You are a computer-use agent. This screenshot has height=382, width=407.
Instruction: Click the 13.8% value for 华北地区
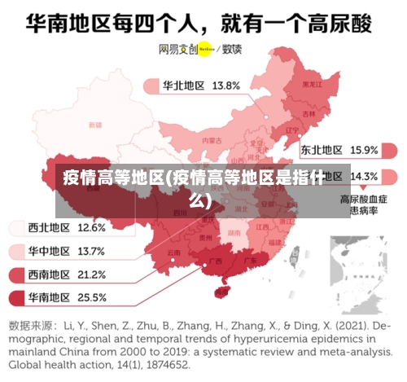pyautogui.click(x=225, y=85)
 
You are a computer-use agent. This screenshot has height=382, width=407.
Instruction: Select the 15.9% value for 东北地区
pyautogui.click(x=364, y=150)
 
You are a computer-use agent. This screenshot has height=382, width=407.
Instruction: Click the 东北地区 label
pyautogui.click(x=322, y=150)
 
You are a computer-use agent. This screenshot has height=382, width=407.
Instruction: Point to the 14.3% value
pyautogui.click(x=364, y=176)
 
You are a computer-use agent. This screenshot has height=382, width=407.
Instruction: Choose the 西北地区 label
pyautogui.click(x=49, y=227)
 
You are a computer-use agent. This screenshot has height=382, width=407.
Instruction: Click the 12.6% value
pyautogui.click(x=91, y=227)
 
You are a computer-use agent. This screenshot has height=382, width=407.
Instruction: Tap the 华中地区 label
pyautogui.click(x=49, y=251)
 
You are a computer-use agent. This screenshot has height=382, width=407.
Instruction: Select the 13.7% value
pyautogui.click(x=91, y=251)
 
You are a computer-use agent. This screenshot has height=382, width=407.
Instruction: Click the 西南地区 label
pyautogui.click(x=49, y=274)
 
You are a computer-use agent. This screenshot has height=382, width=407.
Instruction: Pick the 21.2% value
pyautogui.click(x=91, y=274)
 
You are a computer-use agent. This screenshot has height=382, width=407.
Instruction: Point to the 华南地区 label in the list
pyautogui.click(x=49, y=297)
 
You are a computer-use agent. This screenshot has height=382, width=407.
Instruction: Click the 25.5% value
pyautogui.click(x=91, y=297)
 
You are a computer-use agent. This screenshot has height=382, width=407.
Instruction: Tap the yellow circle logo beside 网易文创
pyautogui.click(x=204, y=49)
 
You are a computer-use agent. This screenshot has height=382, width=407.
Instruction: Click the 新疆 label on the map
pyautogui.click(x=96, y=125)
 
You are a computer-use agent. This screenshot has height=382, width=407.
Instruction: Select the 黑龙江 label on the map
pyautogui.click(x=311, y=83)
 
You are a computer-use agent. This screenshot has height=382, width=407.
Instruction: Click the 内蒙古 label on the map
pyautogui.click(x=212, y=140)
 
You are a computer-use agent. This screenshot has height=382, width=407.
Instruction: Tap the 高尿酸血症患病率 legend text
pyautogui.click(x=363, y=204)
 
